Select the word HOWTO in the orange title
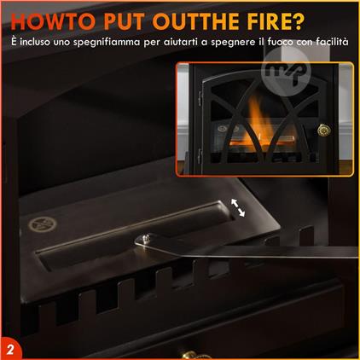(54, 21)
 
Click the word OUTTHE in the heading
(195, 21)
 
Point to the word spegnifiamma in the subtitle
(107, 43)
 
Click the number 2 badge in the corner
(10, 349)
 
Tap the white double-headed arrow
(238, 207)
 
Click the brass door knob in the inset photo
(324, 131)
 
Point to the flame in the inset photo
(258, 122)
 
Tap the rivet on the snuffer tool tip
(147, 237)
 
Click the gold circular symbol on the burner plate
(43, 224)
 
